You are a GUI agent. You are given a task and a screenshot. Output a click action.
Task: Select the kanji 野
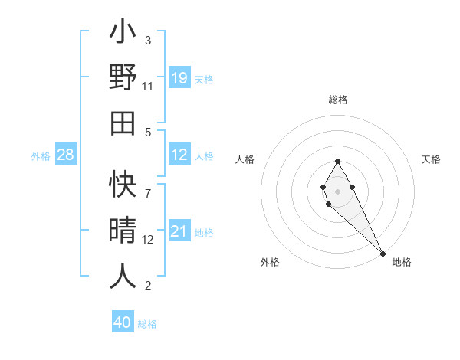click(x=123, y=78)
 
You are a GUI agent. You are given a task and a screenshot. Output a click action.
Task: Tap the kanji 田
click(x=123, y=123)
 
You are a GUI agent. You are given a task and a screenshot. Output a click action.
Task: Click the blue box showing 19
click(x=179, y=78)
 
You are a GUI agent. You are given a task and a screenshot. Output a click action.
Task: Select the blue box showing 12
click(x=179, y=155)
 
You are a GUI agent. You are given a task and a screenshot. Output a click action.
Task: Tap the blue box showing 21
click(x=179, y=231)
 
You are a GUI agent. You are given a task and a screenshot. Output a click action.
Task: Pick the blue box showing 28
click(x=66, y=155)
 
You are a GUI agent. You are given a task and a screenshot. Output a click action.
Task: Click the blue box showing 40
click(x=123, y=322)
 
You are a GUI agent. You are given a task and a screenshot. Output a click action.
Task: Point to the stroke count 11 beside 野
click(x=148, y=87)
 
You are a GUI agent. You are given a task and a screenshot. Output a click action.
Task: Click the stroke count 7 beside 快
click(x=148, y=185)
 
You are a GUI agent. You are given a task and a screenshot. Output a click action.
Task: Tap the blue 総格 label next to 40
click(x=147, y=324)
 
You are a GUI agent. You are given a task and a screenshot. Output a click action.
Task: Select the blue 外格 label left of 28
click(x=41, y=156)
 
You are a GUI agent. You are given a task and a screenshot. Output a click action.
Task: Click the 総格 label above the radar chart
click(x=338, y=100)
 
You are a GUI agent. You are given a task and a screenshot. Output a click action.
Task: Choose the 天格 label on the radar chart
click(x=432, y=159)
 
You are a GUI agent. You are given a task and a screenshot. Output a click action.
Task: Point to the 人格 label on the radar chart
click(x=245, y=159)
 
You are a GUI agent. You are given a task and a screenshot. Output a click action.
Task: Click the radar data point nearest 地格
click(x=383, y=254)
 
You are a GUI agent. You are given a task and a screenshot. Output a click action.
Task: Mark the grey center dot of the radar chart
click(x=338, y=191)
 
